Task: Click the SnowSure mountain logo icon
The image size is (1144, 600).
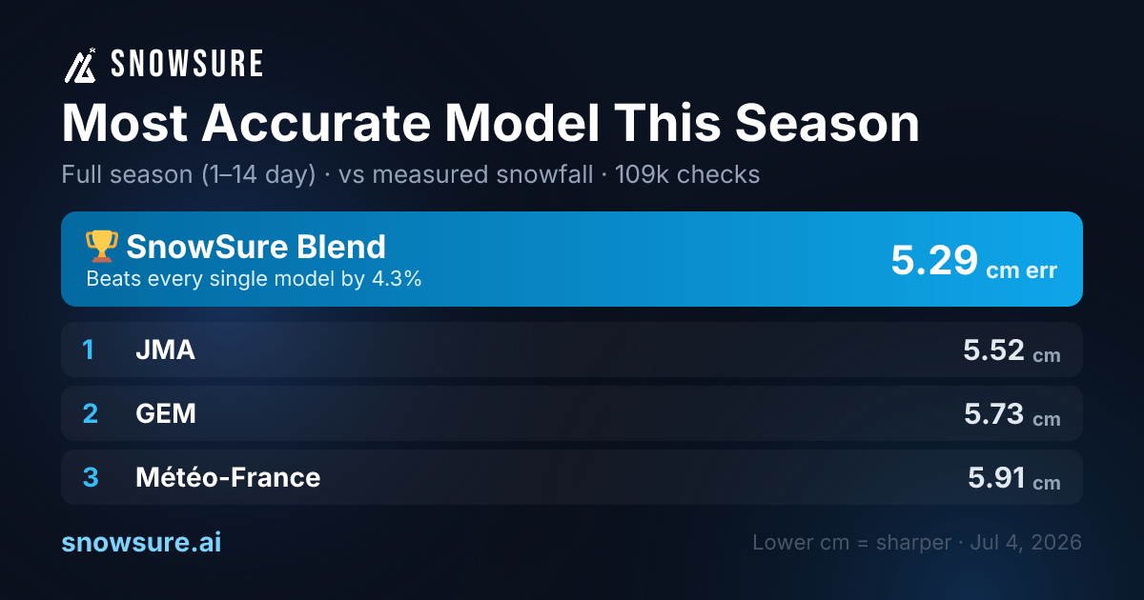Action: click(80, 66)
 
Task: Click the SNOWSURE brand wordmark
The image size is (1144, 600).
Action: click(187, 64)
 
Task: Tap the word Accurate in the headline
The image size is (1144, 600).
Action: click(317, 124)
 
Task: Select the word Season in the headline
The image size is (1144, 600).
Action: click(827, 124)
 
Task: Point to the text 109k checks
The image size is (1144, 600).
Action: click(687, 174)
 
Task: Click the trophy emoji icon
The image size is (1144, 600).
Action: click(102, 246)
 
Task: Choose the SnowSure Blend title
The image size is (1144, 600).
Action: click(255, 247)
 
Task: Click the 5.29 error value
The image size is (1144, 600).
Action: click(934, 260)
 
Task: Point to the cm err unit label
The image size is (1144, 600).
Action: click(1021, 270)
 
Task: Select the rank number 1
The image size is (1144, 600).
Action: click(89, 350)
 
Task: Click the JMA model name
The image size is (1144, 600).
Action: click(166, 350)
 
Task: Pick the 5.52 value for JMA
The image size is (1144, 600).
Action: click(993, 350)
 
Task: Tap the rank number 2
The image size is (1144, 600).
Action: click(90, 413)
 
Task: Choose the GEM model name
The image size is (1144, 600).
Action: click(166, 413)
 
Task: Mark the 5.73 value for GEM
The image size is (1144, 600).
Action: click(993, 413)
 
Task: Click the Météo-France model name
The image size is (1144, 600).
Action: click(228, 477)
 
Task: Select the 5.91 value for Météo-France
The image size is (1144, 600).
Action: click(996, 477)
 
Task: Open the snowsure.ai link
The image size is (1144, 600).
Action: click(141, 542)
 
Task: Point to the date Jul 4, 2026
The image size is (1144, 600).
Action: click(1026, 542)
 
